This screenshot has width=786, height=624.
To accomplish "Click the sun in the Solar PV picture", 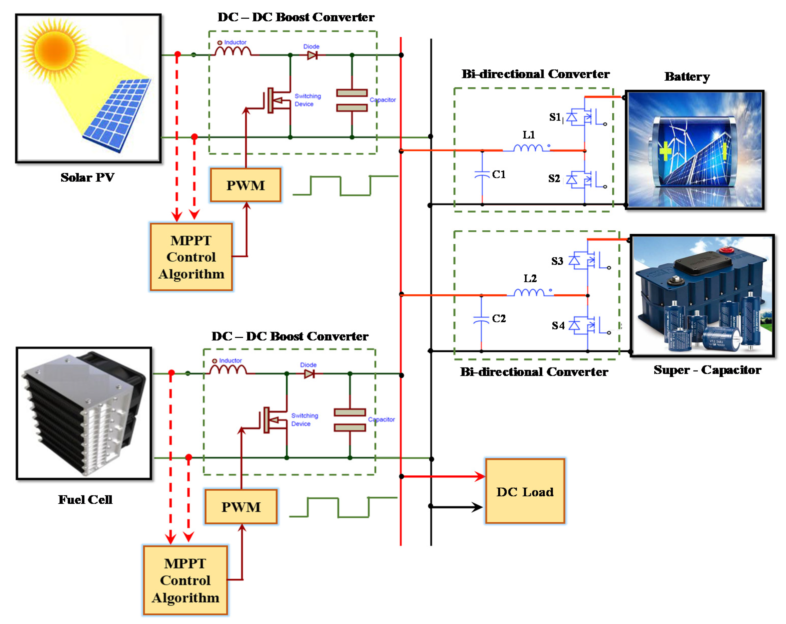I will coord(55,49).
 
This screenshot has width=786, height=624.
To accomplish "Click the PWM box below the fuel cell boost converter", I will coord(241,507).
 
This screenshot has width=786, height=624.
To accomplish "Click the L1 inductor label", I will coord(529,135).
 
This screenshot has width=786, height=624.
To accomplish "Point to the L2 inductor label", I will coord(530,279).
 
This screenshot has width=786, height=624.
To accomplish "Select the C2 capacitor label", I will coord(499,319).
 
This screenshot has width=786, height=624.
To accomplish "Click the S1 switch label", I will coord(555,117).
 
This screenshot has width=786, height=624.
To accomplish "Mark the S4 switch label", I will coord(558,325).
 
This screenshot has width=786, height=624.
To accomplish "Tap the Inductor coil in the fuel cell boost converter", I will coord(228,370).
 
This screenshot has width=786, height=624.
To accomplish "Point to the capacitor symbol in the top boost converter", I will coord(352,100).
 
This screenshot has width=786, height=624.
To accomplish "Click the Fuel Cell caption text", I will coord(85,499).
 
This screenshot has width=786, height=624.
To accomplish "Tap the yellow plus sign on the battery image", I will coord(665,151).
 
